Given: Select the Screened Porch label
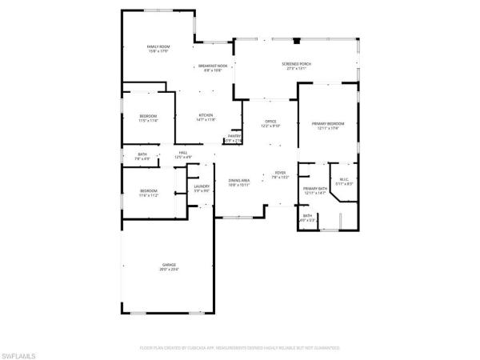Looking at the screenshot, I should pyautogui.click(x=294, y=64).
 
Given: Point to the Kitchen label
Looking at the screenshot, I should pyautogui.click(x=206, y=115).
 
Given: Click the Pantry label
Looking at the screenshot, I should pyautogui.click(x=234, y=136).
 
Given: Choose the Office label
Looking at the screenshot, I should pyautogui.click(x=270, y=121).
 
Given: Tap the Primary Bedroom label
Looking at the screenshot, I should pyautogui.click(x=330, y=123).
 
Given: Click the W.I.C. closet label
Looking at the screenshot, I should pyautogui.click(x=344, y=178).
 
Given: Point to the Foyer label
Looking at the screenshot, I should pyautogui.click(x=280, y=172).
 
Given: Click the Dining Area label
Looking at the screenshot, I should pyautogui.click(x=239, y=180).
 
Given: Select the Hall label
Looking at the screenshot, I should pyautogui.click(x=182, y=152).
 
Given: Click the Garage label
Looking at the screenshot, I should pyautogui.click(x=169, y=264).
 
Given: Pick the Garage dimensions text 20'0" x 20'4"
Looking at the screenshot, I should pyautogui.click(x=169, y=269).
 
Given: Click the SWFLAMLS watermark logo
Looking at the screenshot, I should pyautogui.click(x=20, y=351).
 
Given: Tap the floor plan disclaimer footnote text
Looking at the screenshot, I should pyautogui.click(x=239, y=348).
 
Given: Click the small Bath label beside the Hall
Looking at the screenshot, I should pyautogui.click(x=142, y=154).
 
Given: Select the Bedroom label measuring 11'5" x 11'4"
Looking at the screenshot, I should pyautogui.click(x=148, y=116).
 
